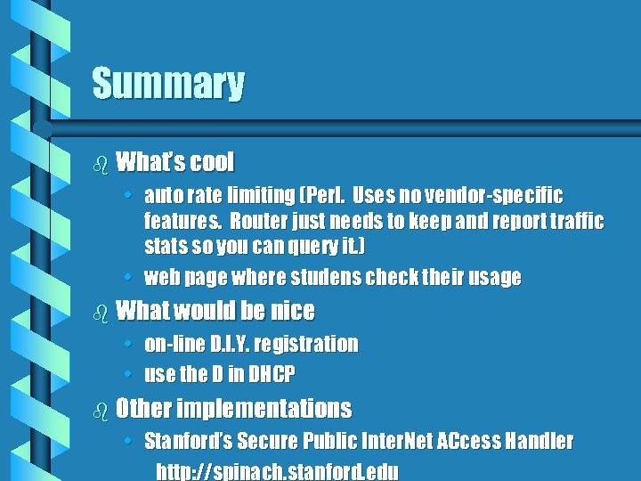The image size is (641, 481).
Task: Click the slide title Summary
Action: click(168, 84)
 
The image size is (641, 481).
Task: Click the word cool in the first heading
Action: click(211, 162)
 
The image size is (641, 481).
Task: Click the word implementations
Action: click(264, 409)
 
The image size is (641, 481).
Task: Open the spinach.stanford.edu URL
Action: click(277, 471)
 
